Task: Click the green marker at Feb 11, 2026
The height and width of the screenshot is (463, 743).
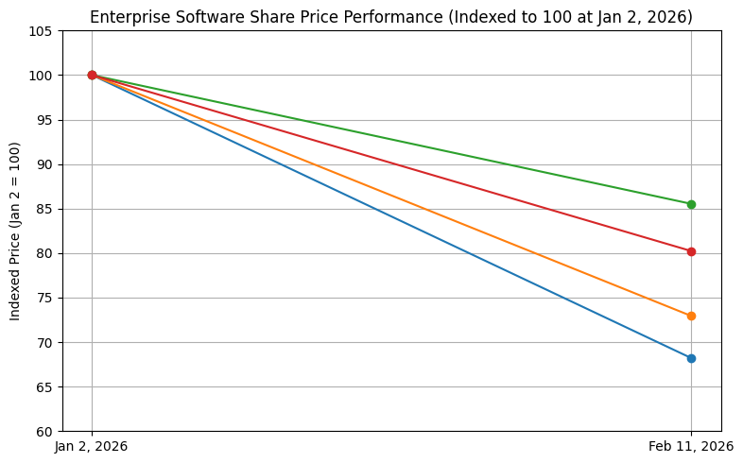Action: (x=691, y=204)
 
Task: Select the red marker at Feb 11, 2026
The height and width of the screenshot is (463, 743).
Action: (x=691, y=251)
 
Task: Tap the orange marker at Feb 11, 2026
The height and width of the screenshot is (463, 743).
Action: (x=691, y=316)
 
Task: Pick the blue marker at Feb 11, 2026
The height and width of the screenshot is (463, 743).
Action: (x=691, y=358)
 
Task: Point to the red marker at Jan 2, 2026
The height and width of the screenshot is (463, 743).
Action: (x=92, y=75)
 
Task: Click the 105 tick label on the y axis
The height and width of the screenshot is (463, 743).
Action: (x=42, y=31)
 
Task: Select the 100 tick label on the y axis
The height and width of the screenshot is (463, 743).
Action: (x=42, y=76)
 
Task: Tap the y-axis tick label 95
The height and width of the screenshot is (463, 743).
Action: (x=44, y=120)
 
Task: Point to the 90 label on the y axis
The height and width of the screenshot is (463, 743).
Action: (x=44, y=164)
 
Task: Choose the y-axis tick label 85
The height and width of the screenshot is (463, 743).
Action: (x=44, y=209)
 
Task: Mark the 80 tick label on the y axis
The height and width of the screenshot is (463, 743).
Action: (x=44, y=253)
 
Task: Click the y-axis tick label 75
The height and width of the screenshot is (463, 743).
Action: (x=44, y=298)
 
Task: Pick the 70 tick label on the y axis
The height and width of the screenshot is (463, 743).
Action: (x=44, y=342)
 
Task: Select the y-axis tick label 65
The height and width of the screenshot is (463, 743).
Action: (x=44, y=386)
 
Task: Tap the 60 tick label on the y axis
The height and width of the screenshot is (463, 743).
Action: (x=44, y=431)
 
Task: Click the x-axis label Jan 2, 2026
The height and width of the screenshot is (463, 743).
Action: (x=92, y=446)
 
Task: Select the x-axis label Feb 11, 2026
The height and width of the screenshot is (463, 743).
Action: (x=691, y=446)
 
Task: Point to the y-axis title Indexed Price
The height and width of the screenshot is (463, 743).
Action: (x=15, y=231)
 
